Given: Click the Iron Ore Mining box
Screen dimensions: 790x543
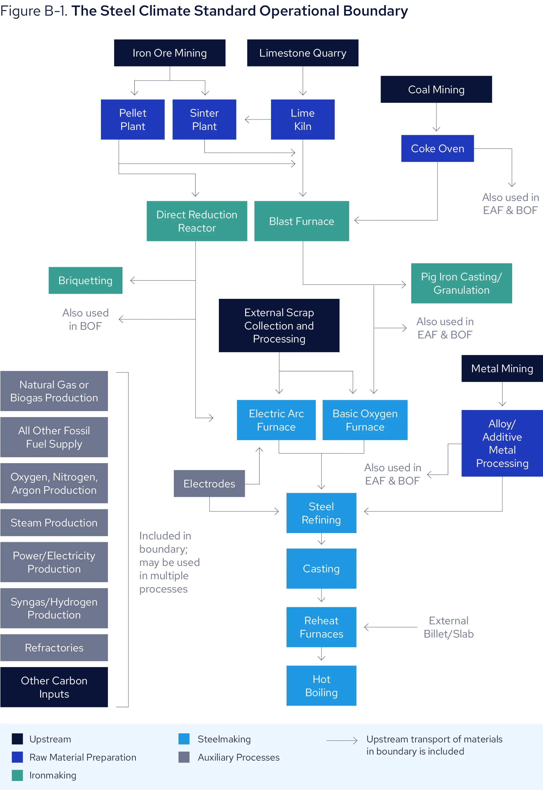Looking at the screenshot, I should pyautogui.click(x=170, y=53).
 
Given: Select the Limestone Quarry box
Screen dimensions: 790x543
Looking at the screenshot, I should pyautogui.click(x=302, y=53).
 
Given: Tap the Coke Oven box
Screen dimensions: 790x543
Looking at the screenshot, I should pyautogui.click(x=437, y=148).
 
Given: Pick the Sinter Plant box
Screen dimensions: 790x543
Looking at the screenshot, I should pyautogui.click(x=204, y=120).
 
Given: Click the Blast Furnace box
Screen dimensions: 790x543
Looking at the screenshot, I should pyautogui.click(x=301, y=221).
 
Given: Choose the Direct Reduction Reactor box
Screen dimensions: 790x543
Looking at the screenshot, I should pyautogui.click(x=197, y=221).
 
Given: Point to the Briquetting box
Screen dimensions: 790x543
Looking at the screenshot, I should pyautogui.click(x=85, y=280).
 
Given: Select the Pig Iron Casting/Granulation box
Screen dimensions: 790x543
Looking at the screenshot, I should pyautogui.click(x=461, y=283).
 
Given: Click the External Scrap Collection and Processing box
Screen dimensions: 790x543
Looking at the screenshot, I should pyautogui.click(x=279, y=325).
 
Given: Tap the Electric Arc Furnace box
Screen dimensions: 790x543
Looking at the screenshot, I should pyautogui.click(x=276, y=420).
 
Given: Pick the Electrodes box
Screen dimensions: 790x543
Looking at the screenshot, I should pyautogui.click(x=209, y=483).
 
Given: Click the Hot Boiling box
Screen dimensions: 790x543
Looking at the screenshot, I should pyautogui.click(x=321, y=685).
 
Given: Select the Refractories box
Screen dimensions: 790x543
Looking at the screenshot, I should pyautogui.click(x=54, y=647).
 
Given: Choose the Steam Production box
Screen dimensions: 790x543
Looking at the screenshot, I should pyautogui.click(x=54, y=523).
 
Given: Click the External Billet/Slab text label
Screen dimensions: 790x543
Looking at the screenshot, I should pyautogui.click(x=448, y=627).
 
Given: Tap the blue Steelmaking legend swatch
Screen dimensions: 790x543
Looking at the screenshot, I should pyautogui.click(x=184, y=739).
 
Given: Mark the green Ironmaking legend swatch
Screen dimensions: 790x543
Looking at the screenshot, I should pyautogui.click(x=17, y=775).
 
